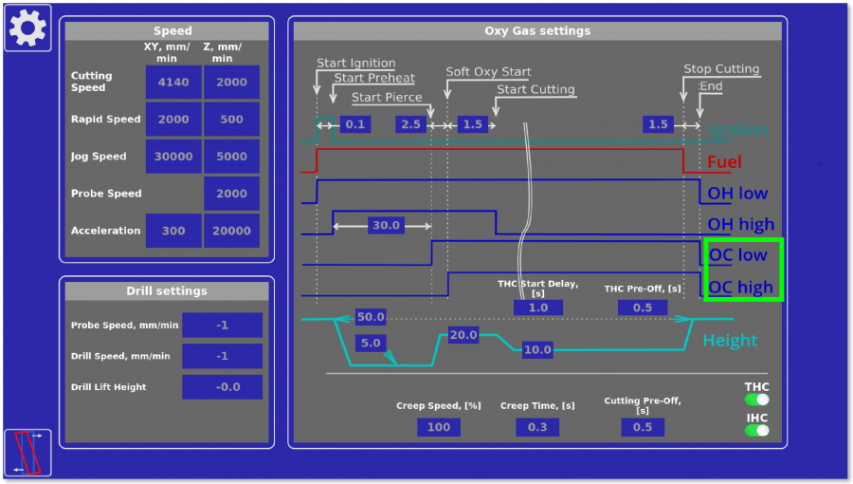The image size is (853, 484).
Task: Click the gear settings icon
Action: [x=27, y=28]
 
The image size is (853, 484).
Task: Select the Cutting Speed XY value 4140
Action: [x=173, y=83]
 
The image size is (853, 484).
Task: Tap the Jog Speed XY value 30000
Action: [x=173, y=157]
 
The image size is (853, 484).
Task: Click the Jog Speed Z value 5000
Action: [x=231, y=157]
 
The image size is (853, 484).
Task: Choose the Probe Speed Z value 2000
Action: [x=231, y=194]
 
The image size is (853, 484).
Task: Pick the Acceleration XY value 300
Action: [x=173, y=231]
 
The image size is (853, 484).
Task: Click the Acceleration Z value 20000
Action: [x=231, y=231]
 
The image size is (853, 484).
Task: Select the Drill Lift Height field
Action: [x=222, y=387]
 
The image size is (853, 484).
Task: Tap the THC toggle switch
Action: [x=756, y=400]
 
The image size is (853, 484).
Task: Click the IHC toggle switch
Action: [x=756, y=430]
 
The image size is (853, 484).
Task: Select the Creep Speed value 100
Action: [x=439, y=427]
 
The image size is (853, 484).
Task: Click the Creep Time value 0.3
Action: [x=537, y=427]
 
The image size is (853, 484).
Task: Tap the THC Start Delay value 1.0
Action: [x=537, y=307]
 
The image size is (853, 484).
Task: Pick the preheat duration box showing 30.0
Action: [x=386, y=226]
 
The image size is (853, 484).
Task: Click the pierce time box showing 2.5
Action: [x=411, y=124]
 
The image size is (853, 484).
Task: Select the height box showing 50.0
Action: [x=371, y=317]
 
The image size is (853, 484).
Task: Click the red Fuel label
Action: [x=724, y=162]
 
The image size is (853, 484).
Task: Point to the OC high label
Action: [x=740, y=287]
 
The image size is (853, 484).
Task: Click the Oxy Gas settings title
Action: [x=537, y=31]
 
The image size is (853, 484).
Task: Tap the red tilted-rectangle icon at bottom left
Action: [x=27, y=453]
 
